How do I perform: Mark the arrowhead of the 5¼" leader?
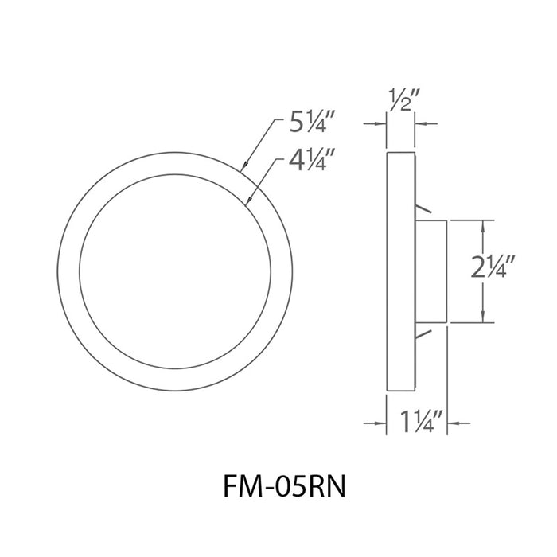[x=243, y=167]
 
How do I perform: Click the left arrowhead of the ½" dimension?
[x=381, y=123]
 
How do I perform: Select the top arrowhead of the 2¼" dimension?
[x=482, y=226]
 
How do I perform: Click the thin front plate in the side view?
[x=400, y=271]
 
